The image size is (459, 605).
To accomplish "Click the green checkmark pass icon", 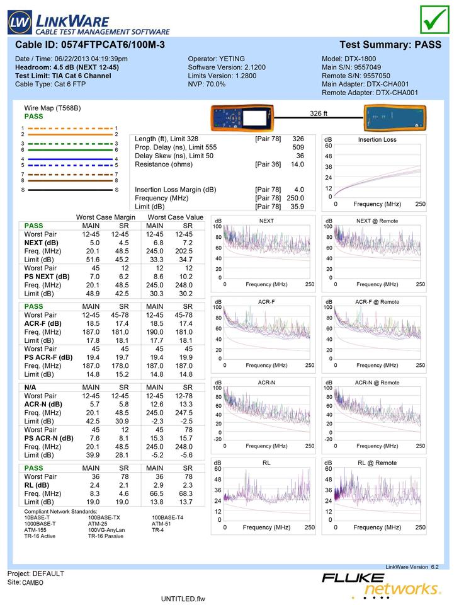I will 434,20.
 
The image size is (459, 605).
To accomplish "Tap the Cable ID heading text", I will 90,45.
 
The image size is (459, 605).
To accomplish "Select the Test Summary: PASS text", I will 390,45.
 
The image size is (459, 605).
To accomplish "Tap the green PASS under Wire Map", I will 33,117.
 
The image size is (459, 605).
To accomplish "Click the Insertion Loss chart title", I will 377,139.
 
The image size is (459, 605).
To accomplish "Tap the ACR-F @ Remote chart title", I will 377,302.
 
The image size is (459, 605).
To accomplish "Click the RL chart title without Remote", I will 266,463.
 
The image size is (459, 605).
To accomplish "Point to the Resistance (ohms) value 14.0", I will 297,164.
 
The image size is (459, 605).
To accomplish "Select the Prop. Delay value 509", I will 298,147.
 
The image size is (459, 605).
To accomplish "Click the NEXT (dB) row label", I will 41,243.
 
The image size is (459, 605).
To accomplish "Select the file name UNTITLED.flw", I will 183,598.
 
